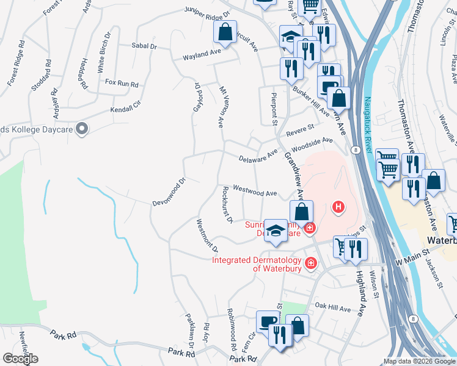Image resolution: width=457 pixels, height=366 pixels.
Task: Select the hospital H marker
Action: click(x=338, y=208)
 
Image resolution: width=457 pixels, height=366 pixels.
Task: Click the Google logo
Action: click(x=20, y=359)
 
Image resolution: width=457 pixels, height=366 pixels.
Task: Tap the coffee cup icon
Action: click(x=266, y=321)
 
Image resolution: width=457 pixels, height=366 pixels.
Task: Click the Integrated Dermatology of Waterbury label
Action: click(x=257, y=261)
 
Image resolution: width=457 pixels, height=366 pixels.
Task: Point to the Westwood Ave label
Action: click(x=255, y=192)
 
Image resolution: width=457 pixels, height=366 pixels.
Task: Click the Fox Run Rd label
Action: click(x=122, y=82)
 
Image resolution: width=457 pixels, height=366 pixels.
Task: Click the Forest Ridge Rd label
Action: click(x=17, y=63)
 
